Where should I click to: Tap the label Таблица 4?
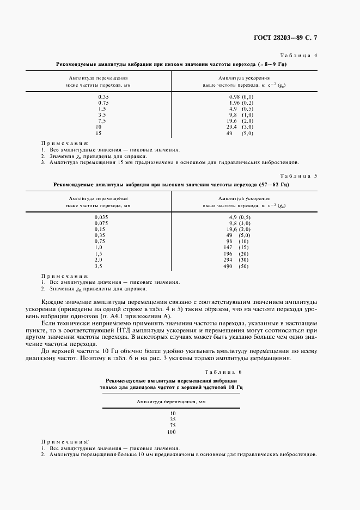[302, 56]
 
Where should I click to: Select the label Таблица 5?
[302, 176]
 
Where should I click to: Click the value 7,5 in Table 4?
[102, 120]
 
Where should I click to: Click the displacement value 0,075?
[102, 223]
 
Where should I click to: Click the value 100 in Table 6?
[172, 432]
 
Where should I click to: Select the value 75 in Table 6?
[172, 426]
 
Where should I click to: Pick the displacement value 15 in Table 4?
[99, 133]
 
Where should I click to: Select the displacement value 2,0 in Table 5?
[99, 260]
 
